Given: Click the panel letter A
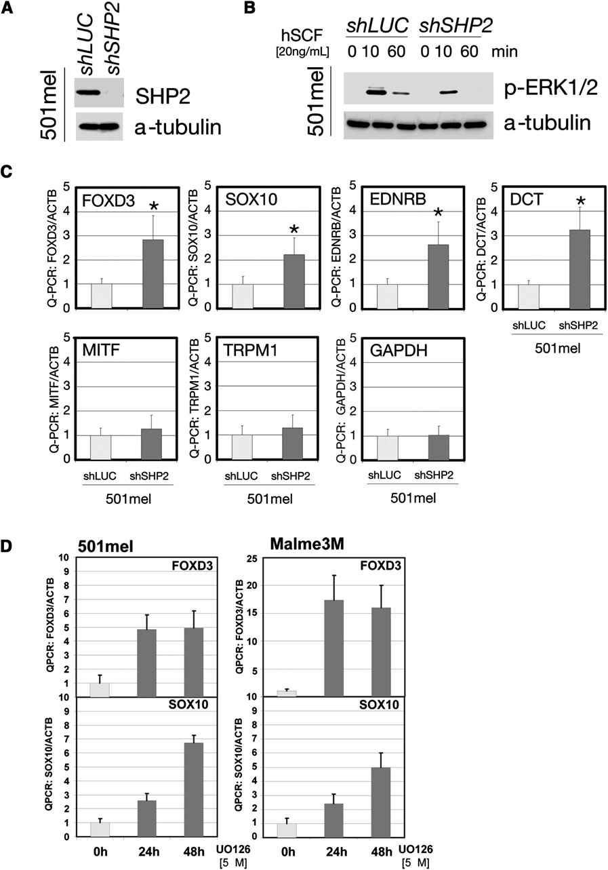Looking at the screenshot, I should tap(9, 9).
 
